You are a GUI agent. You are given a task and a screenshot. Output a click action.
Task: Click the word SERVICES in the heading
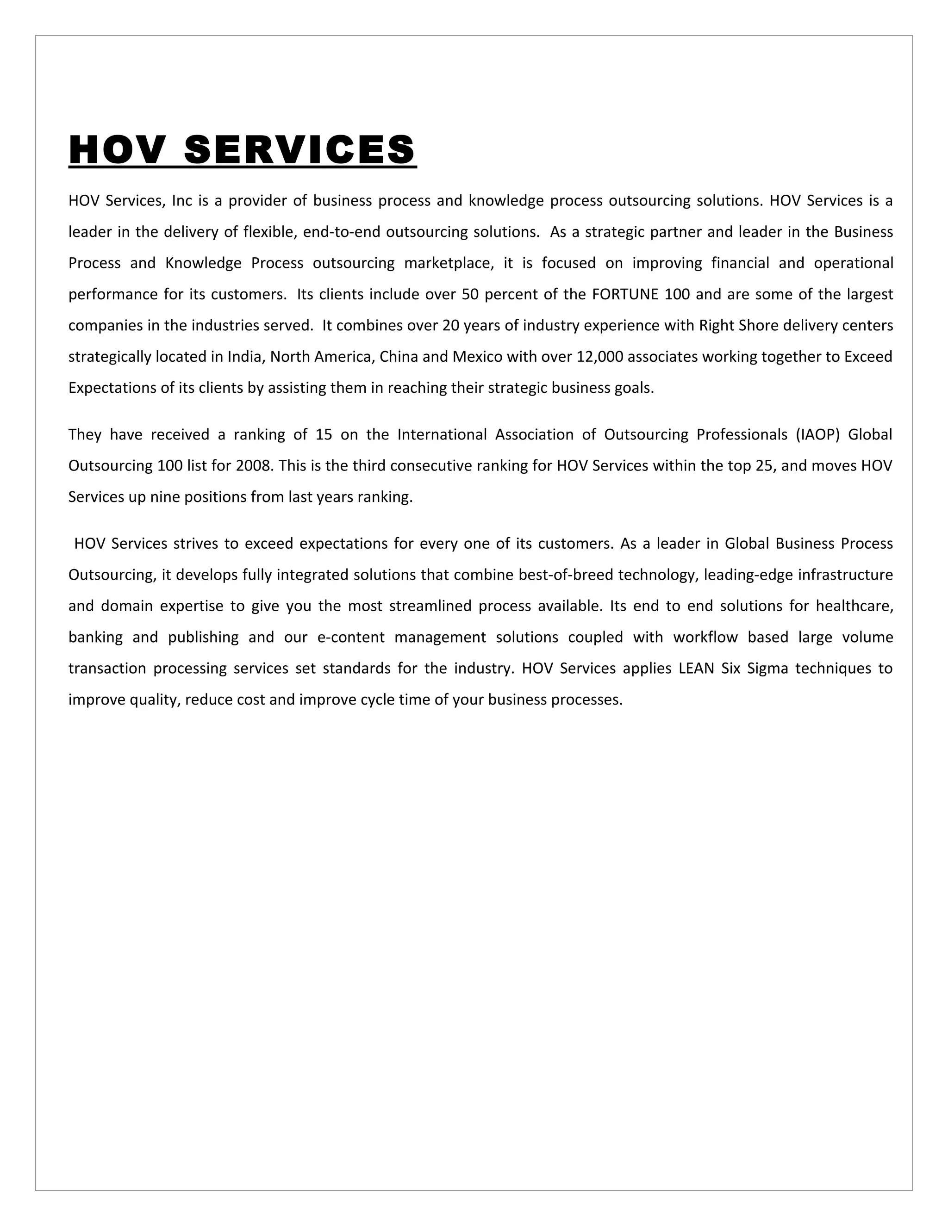[299, 150]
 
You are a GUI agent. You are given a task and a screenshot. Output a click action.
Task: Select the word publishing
[203, 638]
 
